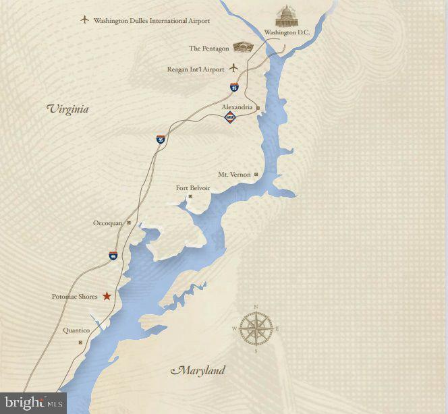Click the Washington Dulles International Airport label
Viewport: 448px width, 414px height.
tap(152, 21)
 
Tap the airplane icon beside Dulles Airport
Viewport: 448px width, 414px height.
tap(84, 20)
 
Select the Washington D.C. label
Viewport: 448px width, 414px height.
tap(287, 32)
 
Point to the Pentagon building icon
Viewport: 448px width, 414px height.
tap(242, 47)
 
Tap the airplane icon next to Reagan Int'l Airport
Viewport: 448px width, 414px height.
tap(234, 67)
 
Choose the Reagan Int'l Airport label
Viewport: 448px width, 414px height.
tap(195, 69)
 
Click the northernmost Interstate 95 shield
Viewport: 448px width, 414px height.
tap(234, 88)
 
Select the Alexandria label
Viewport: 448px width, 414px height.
tap(237, 107)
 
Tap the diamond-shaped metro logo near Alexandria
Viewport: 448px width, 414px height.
tap(231, 118)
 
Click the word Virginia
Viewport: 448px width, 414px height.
tap(67, 109)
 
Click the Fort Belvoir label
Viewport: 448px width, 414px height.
tap(193, 188)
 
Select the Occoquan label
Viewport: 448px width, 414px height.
tap(108, 223)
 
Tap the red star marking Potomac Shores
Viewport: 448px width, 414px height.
tap(107, 296)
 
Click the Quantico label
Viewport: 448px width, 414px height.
tap(77, 330)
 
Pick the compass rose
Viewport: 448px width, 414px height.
tap(256, 328)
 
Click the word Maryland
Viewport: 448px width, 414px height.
tap(198, 370)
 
